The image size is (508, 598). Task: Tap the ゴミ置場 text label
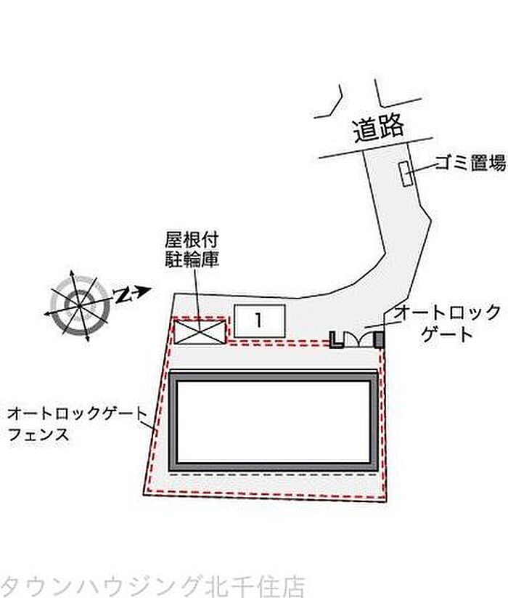pyautogui.click(x=470, y=163)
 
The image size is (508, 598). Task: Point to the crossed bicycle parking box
pyautogui.click(x=199, y=331)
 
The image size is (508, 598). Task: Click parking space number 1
pyautogui.click(x=259, y=320)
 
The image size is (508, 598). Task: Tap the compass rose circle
pyautogui.click(x=79, y=304)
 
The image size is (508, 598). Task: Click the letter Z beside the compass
pyautogui.click(x=125, y=295)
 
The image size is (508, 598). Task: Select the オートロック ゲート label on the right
pyautogui.click(x=446, y=323)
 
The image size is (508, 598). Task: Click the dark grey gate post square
pyautogui.click(x=377, y=339)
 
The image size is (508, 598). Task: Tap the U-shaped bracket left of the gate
pyautogui.click(x=335, y=339)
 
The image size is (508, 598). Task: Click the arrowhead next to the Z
pyautogui.click(x=144, y=291)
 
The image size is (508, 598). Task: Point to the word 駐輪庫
pyautogui.click(x=192, y=258)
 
